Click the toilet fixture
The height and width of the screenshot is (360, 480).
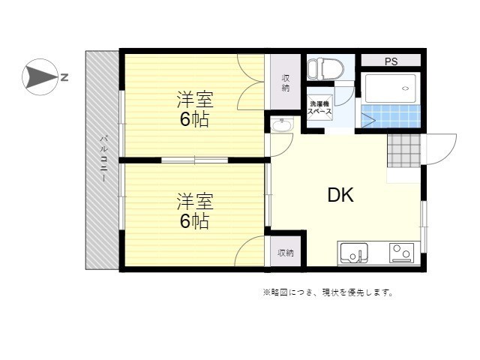(321, 69)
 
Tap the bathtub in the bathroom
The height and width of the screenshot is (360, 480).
(391, 88)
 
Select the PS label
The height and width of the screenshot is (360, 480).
(391, 61)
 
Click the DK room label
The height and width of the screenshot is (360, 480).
(340, 195)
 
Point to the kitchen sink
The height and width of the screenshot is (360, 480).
(354, 253)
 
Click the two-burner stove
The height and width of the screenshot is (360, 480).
(402, 253)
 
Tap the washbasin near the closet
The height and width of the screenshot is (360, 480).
(282, 125)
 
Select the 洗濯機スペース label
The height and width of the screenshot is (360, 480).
(319, 108)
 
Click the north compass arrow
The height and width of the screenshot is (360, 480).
(40, 77)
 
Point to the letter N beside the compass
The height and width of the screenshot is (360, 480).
(64, 77)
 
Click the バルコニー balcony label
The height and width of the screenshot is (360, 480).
(103, 158)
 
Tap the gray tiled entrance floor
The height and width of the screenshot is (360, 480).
(404, 151)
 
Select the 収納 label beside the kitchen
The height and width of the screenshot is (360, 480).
(286, 253)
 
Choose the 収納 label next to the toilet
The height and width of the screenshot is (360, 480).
(286, 82)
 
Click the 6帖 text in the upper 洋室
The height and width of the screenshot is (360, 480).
(194, 119)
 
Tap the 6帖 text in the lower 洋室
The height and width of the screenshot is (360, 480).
(194, 221)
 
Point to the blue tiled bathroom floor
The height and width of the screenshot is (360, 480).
(391, 116)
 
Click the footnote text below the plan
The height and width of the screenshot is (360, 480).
(328, 292)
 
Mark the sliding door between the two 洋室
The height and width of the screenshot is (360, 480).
(195, 160)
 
